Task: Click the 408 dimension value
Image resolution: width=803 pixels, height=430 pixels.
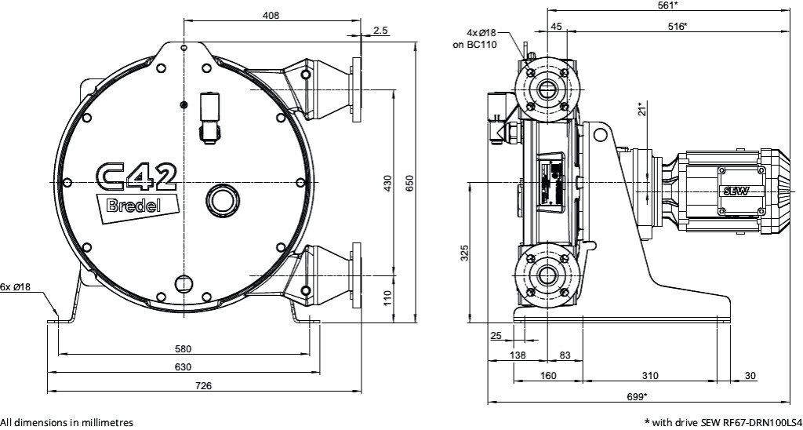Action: (271, 15)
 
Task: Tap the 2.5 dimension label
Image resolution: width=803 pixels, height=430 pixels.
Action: (381, 30)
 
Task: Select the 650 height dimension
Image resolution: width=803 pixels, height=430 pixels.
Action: (409, 182)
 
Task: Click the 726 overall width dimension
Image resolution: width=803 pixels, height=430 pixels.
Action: (204, 385)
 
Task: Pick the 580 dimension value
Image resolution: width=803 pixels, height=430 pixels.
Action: (183, 348)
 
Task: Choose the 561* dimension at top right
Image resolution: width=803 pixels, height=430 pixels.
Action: (667, 5)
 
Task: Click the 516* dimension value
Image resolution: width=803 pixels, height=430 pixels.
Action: (676, 26)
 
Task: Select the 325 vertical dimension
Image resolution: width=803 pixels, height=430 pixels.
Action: (464, 253)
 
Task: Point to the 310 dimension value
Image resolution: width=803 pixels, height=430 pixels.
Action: (649, 376)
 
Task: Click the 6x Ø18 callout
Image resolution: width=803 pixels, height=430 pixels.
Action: (16, 287)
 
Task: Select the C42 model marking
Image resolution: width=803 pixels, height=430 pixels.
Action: (135, 177)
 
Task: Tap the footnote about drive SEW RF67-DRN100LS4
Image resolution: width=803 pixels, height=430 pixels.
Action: (723, 422)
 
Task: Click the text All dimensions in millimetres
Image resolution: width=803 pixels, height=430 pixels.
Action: (61, 422)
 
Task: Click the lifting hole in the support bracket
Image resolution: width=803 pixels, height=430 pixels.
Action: (601, 135)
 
